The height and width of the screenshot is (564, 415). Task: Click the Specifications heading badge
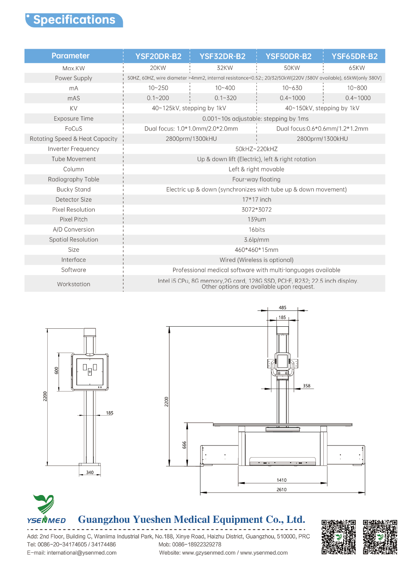coord(74,20)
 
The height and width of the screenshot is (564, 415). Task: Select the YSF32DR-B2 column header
coord(222,56)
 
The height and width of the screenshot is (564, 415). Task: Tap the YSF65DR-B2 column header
coord(354,56)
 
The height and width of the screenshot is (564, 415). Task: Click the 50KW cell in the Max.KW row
coord(292,68)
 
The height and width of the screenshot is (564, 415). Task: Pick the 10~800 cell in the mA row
coord(357,88)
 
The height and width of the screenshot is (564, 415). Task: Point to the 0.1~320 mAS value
coord(225,98)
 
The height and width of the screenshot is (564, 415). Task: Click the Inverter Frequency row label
coord(73,149)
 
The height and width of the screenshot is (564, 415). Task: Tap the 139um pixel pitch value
coord(256,219)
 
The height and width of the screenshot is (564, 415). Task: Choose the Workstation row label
coord(73,284)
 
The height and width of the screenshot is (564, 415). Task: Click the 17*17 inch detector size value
coord(256,199)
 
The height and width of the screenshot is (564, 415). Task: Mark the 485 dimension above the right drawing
coord(283,308)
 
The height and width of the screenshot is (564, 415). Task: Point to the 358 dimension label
coord(307,386)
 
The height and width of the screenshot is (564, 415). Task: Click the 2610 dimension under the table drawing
coord(281,490)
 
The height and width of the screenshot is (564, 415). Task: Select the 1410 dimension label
coord(281,480)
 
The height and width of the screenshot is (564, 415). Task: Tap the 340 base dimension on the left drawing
coord(90,473)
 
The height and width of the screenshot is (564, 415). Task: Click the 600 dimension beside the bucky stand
coord(57,370)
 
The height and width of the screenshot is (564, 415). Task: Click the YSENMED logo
coord(46,510)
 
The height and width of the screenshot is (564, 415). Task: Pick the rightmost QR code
coord(380,537)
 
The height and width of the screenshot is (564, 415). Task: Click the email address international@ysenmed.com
coord(81,553)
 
